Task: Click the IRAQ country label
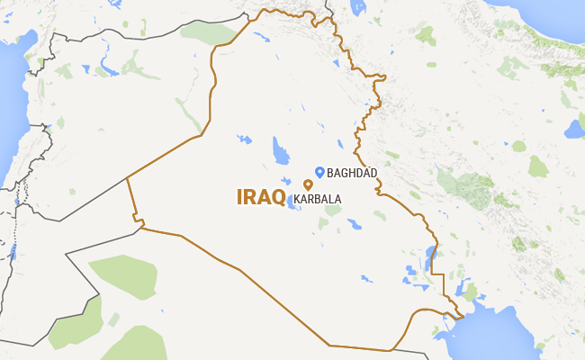[261, 197]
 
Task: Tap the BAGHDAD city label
[352, 172]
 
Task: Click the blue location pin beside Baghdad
[319, 171]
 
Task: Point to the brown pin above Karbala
[308, 184]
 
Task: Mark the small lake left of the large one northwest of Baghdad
[243, 140]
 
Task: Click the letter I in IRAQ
[239, 197]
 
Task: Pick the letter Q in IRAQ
[278, 197]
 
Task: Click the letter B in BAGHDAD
[330, 172]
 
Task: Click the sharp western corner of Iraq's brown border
[127, 177]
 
